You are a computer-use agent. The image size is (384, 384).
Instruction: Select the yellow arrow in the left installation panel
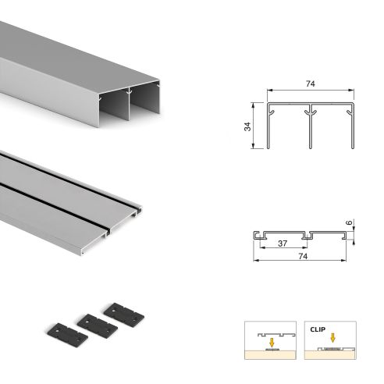coord(271,340)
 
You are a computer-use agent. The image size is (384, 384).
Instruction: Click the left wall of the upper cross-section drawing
coord(268,125)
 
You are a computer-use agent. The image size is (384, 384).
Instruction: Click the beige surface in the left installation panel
coord(271,357)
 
